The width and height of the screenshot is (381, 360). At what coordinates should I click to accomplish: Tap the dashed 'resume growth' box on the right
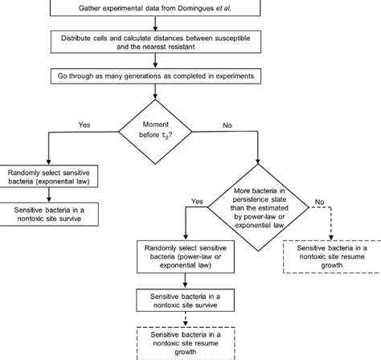coord(331,256)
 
